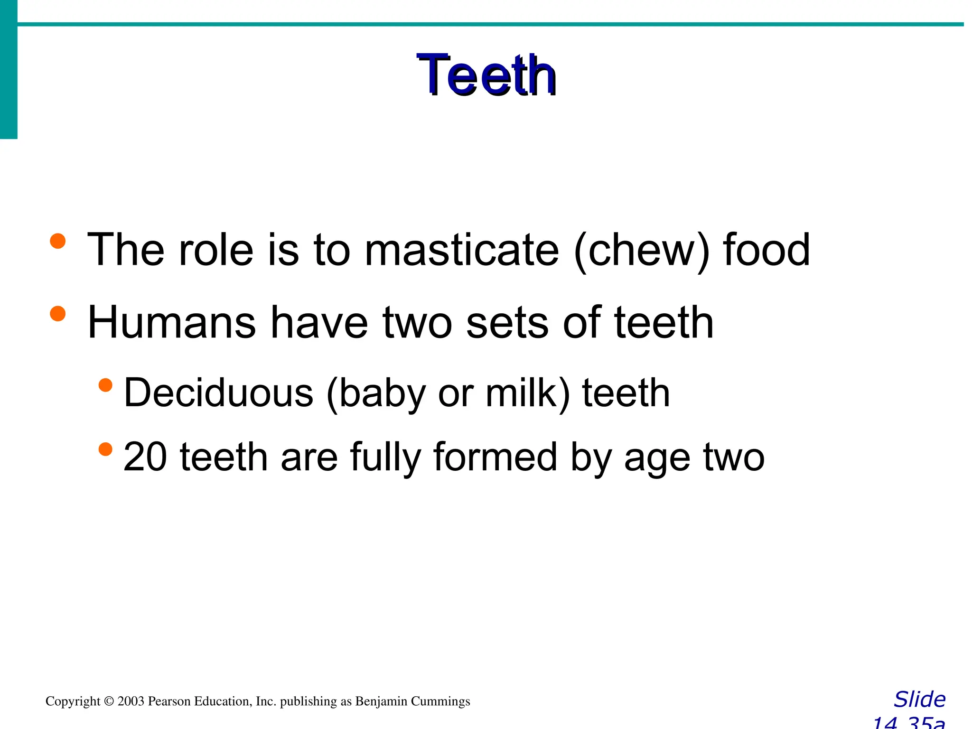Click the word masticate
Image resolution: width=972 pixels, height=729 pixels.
click(461, 250)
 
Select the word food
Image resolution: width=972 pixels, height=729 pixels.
click(766, 250)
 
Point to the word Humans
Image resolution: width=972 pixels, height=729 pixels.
click(171, 323)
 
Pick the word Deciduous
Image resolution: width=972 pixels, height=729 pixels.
click(218, 393)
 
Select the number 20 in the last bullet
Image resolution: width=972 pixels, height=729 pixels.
click(145, 457)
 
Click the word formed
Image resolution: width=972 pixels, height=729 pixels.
click(495, 457)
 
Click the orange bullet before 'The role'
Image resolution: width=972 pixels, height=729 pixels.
click(58, 241)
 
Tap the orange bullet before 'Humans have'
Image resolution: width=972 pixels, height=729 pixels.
click(58, 313)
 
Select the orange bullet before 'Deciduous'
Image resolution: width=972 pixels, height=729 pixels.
click(105, 384)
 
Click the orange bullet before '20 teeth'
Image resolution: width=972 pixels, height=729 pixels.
click(105, 449)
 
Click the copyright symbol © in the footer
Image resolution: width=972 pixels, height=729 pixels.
click(109, 701)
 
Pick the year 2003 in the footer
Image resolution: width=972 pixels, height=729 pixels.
click(131, 701)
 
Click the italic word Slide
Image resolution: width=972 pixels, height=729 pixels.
click(919, 700)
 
